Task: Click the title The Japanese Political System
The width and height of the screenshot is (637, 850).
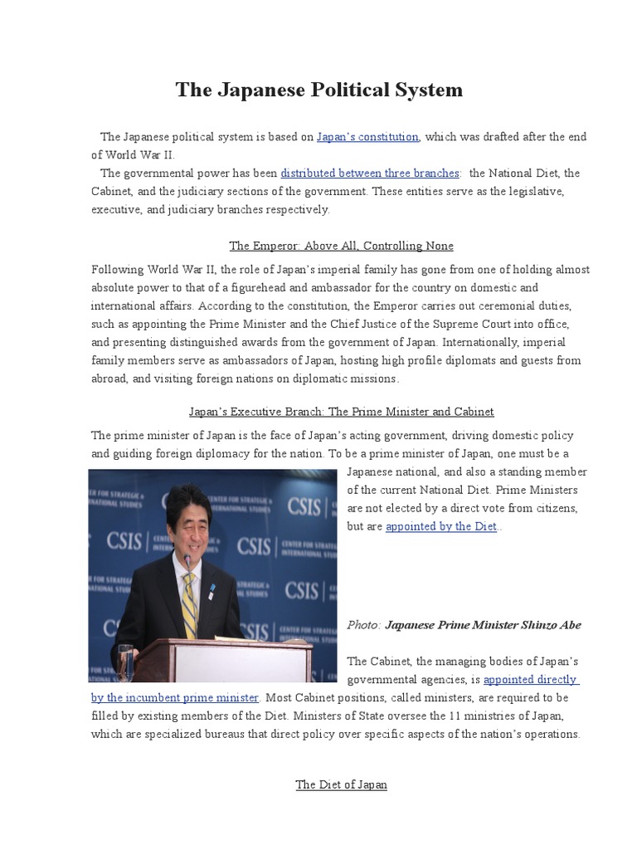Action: (318, 90)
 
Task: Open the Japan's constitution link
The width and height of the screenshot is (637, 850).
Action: (367, 137)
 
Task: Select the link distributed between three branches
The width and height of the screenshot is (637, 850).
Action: (370, 173)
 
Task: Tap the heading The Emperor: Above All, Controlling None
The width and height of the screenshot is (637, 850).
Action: (341, 246)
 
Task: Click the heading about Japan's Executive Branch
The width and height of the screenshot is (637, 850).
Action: (341, 411)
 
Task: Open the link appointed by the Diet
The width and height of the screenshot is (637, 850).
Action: (440, 526)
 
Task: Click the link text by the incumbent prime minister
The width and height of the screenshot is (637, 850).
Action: (175, 697)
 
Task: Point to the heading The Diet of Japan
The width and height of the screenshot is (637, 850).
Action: (341, 784)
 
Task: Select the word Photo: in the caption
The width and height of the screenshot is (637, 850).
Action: (363, 625)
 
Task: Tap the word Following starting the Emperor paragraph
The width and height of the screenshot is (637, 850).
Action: (116, 270)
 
